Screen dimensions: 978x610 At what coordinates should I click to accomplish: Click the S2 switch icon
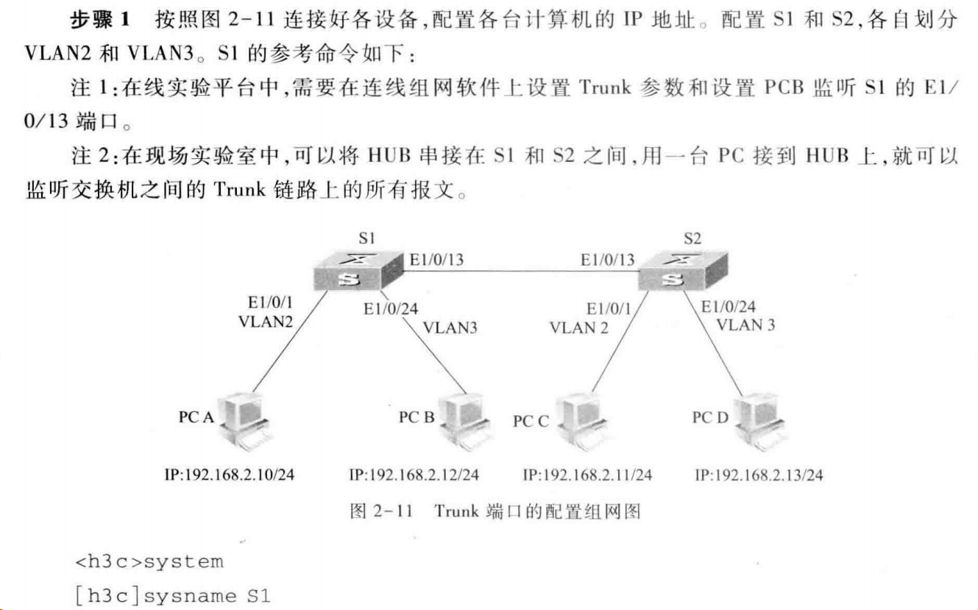pyautogui.click(x=681, y=270)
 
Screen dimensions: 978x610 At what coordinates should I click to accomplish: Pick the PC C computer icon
pyautogui.click(x=578, y=421)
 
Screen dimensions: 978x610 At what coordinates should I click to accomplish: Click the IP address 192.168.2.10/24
pyautogui.click(x=229, y=475)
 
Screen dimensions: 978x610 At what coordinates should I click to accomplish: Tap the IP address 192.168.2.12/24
pyautogui.click(x=414, y=475)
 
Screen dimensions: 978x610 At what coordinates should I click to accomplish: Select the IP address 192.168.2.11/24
pyautogui.click(x=587, y=475)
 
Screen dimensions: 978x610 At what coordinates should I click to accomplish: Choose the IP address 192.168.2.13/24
pyautogui.click(x=759, y=475)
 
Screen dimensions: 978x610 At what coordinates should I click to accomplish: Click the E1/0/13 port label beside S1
pyautogui.click(x=436, y=259)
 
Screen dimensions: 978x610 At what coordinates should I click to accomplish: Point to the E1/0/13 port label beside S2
pyautogui.click(x=607, y=259)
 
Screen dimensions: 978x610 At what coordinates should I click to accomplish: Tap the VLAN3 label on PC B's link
pyautogui.click(x=450, y=327)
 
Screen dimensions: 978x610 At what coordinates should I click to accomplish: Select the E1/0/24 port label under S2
pyautogui.click(x=728, y=307)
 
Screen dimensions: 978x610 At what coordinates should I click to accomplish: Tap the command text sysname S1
pyautogui.click(x=207, y=595)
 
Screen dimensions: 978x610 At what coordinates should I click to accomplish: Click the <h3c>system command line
pyautogui.click(x=149, y=562)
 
